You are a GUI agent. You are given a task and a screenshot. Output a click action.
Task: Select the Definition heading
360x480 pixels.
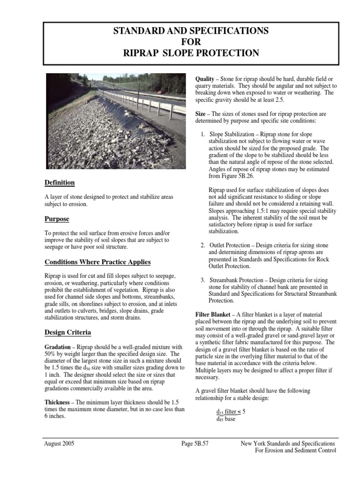point(60,182)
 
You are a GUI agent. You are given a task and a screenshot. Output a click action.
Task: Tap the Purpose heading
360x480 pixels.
point(57,219)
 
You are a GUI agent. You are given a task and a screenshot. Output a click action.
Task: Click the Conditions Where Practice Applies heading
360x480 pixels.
point(97,262)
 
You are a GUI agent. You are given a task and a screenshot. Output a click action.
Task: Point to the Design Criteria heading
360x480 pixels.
point(68,332)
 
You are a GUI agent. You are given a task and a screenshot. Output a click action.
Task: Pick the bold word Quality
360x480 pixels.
point(205,78)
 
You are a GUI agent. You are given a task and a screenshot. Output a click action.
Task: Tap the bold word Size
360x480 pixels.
point(201,114)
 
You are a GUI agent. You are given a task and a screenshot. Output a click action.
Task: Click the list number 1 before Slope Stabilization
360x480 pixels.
point(202,135)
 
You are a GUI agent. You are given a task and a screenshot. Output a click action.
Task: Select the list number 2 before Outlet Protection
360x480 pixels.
point(202,245)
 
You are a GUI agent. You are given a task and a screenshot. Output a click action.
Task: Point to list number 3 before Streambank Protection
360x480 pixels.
point(202,280)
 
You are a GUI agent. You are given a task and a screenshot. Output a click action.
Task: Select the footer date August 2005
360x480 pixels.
point(59,443)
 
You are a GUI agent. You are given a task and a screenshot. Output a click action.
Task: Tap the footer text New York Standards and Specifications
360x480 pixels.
point(287,443)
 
